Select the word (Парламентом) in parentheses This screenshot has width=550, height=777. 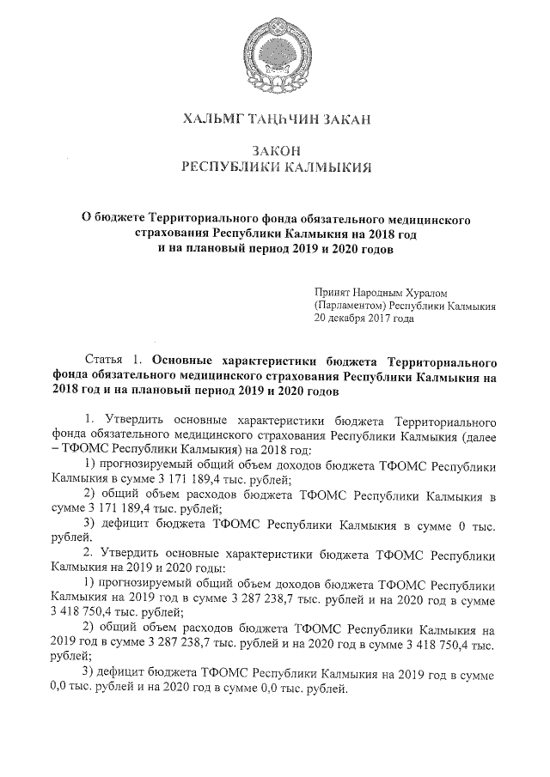(x=350, y=305)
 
